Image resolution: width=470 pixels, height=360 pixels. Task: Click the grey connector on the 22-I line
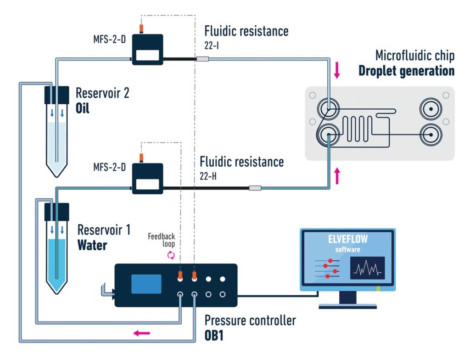point(202,59)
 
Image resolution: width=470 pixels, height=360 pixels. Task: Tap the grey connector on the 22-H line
point(255,188)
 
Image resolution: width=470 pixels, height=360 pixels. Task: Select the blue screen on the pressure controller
point(146,284)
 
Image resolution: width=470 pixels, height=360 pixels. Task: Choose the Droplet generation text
point(406,71)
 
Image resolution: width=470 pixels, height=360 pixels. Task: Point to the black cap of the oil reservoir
point(56,95)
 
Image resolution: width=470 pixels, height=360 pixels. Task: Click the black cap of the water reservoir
point(56,212)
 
